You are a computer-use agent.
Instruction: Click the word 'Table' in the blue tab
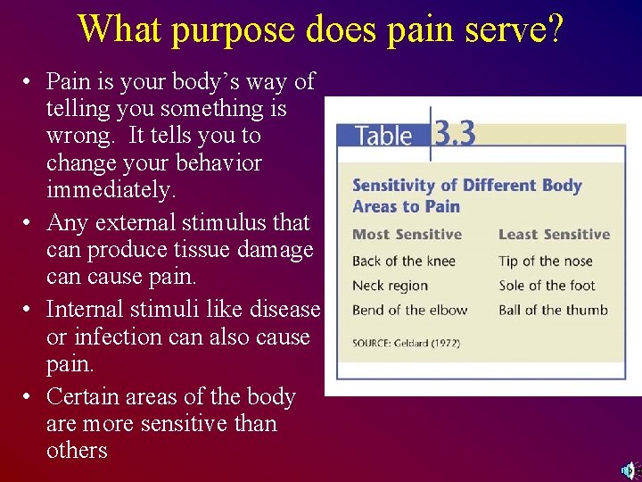click(x=383, y=136)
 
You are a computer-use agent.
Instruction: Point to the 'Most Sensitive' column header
click(x=407, y=235)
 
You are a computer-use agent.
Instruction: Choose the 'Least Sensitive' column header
click(x=554, y=235)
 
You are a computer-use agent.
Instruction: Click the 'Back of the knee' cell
click(x=404, y=261)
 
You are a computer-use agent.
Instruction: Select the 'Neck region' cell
click(x=390, y=286)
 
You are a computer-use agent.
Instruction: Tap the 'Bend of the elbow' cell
click(x=409, y=311)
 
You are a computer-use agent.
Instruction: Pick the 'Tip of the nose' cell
click(x=546, y=261)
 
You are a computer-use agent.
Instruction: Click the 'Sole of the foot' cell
click(x=547, y=286)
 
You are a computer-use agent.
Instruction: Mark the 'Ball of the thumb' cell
click(x=553, y=311)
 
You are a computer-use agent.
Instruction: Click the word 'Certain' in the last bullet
click(x=85, y=396)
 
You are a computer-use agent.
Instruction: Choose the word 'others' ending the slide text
click(x=77, y=450)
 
